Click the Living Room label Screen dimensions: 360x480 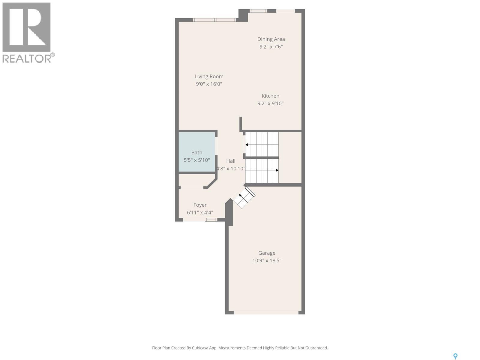(209, 76)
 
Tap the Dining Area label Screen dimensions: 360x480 (271, 39)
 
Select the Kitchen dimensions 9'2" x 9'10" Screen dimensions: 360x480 (270, 103)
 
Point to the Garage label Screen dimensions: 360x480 (267, 253)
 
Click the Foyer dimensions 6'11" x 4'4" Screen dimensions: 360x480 (200, 213)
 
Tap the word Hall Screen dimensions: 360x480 (231, 161)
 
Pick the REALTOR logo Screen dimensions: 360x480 (28, 32)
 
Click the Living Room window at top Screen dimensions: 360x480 (214, 20)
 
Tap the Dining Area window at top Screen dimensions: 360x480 (258, 11)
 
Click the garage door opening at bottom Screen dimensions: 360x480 (266, 313)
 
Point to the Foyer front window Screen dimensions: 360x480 (211, 220)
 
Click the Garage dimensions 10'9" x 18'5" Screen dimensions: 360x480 (267, 260)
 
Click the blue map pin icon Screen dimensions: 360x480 (455, 356)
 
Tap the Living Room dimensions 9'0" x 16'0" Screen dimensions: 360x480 (209, 84)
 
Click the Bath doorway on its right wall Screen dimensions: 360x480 (216, 146)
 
